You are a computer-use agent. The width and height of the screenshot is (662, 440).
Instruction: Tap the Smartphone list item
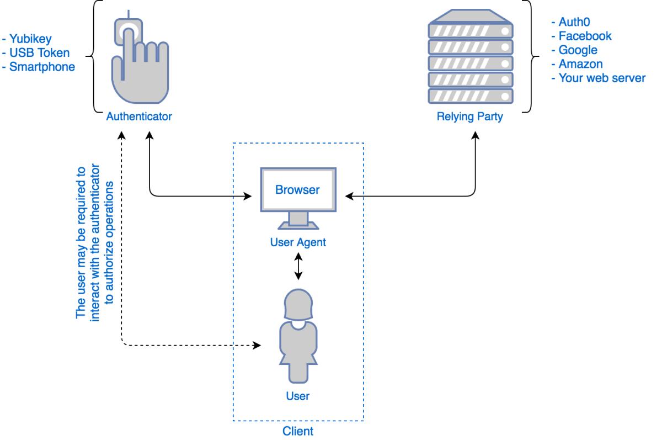click(x=39, y=67)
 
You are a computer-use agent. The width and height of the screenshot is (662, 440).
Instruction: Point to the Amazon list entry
click(x=577, y=64)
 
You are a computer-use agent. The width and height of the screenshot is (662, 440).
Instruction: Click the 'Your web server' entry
click(x=597, y=78)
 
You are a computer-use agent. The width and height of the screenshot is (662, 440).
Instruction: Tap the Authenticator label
click(x=140, y=117)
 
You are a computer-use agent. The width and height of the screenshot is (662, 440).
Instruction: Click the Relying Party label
click(x=471, y=117)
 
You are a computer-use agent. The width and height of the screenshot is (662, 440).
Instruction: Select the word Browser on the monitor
click(x=298, y=190)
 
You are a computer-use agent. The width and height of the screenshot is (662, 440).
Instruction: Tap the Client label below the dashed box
click(x=298, y=431)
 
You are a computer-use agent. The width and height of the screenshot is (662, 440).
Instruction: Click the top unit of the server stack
click(x=471, y=27)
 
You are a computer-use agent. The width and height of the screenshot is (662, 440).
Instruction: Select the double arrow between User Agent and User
click(x=298, y=266)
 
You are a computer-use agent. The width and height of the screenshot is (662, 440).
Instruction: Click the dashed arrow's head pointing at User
click(x=257, y=346)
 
